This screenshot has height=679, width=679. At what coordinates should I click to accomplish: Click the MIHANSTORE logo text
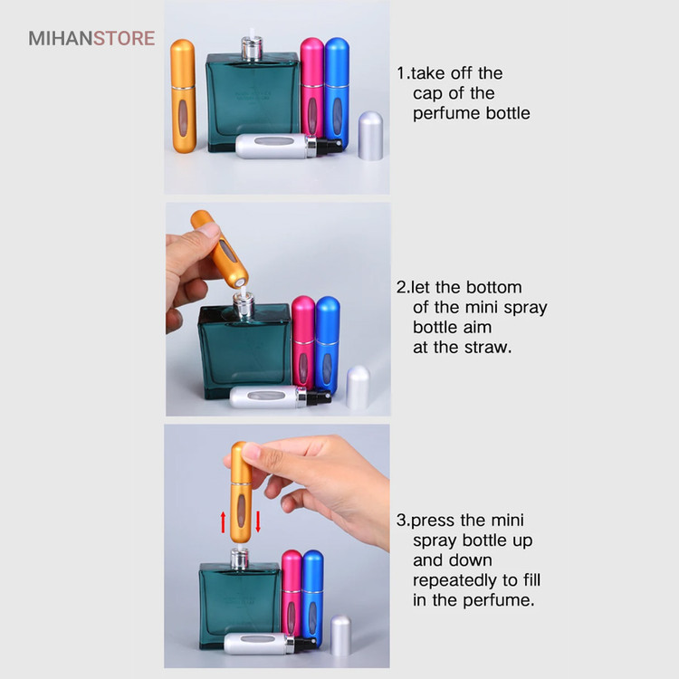pyautogui.click(x=91, y=38)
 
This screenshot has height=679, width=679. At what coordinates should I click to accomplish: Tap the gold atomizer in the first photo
pyautogui.click(x=183, y=96)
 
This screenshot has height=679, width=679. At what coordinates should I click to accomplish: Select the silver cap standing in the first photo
pyautogui.click(x=370, y=136)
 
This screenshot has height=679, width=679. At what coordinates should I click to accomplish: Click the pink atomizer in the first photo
pyautogui.click(x=311, y=89)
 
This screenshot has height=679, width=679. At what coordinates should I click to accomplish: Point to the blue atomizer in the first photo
pyautogui.click(x=337, y=91)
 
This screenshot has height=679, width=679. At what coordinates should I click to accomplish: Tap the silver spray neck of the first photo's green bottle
pyautogui.click(x=252, y=48)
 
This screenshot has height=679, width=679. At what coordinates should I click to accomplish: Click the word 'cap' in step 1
pyautogui.click(x=426, y=93)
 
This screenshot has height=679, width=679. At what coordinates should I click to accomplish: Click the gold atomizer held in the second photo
pyautogui.click(x=220, y=249)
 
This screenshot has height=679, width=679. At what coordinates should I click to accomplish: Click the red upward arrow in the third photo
pyautogui.click(x=223, y=521)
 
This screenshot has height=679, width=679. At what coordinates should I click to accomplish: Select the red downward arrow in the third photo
pyautogui.click(x=258, y=521)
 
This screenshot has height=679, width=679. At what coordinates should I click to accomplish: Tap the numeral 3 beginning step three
pyautogui.click(x=401, y=520)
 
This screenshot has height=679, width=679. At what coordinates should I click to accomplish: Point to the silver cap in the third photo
pyautogui.click(x=340, y=635)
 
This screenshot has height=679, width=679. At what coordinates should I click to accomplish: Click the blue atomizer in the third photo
pyautogui.click(x=312, y=598)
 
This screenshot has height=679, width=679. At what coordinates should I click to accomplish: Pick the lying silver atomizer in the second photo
pyautogui.click(x=280, y=397)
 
